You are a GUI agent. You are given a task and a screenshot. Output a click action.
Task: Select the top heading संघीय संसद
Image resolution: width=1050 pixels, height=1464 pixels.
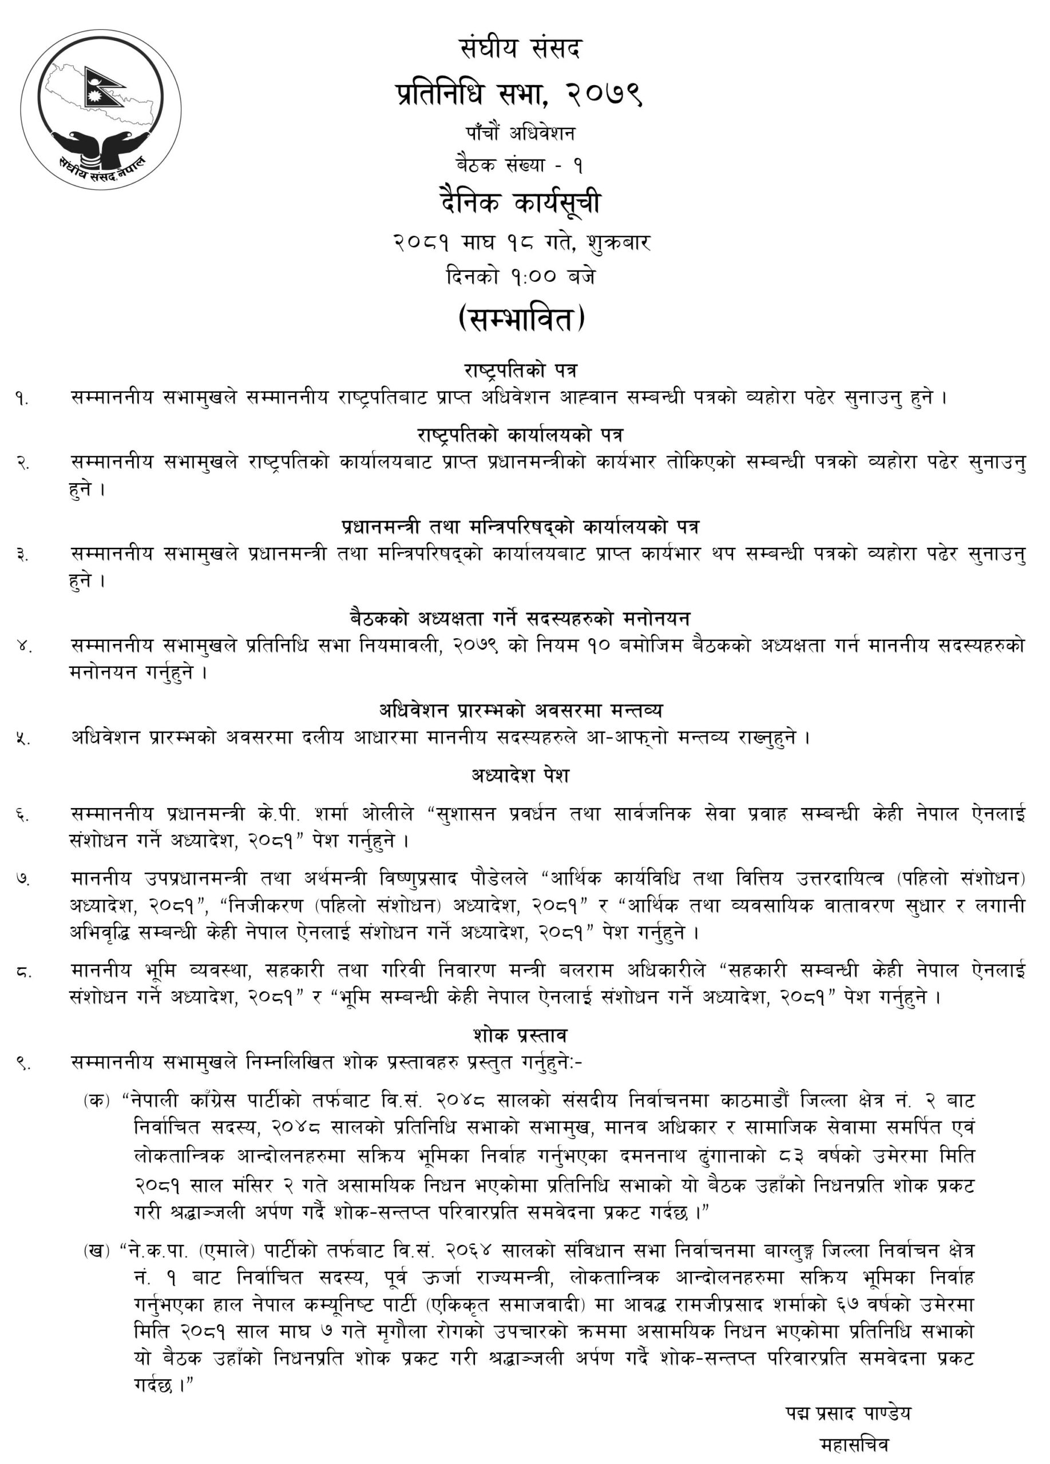521,49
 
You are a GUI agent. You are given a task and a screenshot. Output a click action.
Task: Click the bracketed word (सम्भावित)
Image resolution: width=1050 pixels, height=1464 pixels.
521,318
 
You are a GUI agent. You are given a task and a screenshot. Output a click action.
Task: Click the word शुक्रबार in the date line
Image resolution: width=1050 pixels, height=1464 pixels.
618,242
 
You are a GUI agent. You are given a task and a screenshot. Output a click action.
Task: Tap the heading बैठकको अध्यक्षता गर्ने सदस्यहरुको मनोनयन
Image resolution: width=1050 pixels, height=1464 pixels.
520,618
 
